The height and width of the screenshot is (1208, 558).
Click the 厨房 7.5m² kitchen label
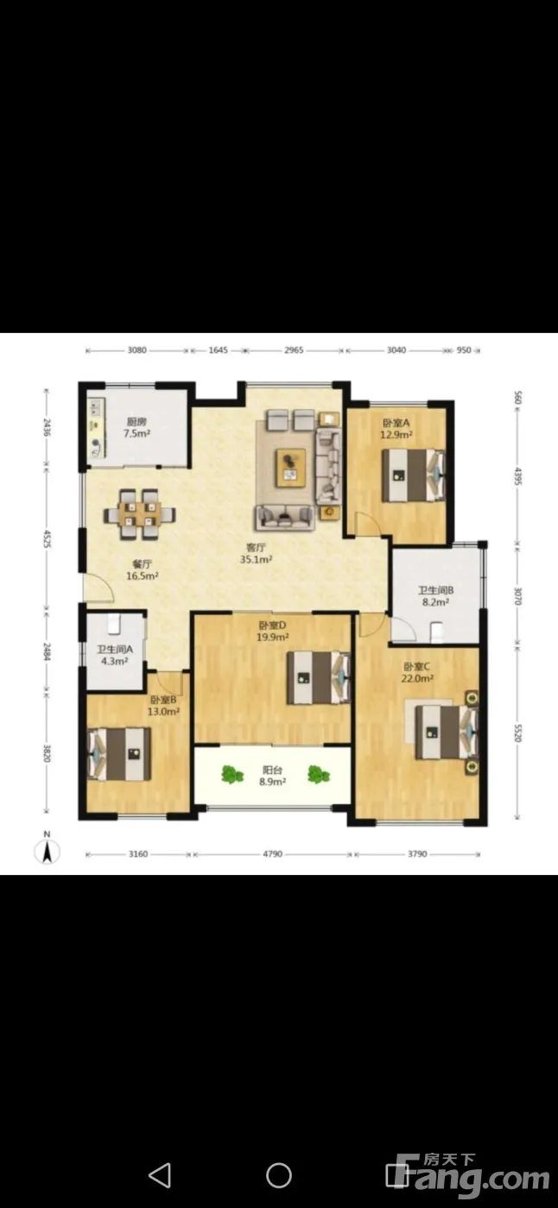point(137,427)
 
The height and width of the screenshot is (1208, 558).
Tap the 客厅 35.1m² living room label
point(256,554)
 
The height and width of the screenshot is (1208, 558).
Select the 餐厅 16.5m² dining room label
point(142,570)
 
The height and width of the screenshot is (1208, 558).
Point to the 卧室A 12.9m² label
point(396,429)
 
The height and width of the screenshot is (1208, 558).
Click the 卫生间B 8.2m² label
point(435,596)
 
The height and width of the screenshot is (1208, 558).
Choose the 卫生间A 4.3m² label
point(114,655)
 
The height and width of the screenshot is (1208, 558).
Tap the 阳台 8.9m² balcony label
point(272,776)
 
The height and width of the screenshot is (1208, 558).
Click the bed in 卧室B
point(119,754)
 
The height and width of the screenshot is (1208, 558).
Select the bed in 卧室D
point(319,678)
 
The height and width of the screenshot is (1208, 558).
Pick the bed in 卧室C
point(447,733)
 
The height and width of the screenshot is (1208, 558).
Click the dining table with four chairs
point(139,514)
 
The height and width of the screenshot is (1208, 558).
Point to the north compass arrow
point(47,852)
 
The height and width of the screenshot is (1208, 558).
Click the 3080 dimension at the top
point(137,350)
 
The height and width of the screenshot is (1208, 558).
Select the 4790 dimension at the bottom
point(273,853)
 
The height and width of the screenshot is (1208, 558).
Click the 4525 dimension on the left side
point(47,538)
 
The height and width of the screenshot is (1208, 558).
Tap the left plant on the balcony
point(232,775)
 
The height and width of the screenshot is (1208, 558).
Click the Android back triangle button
point(160,1174)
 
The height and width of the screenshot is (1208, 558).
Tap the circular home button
point(279,1174)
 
